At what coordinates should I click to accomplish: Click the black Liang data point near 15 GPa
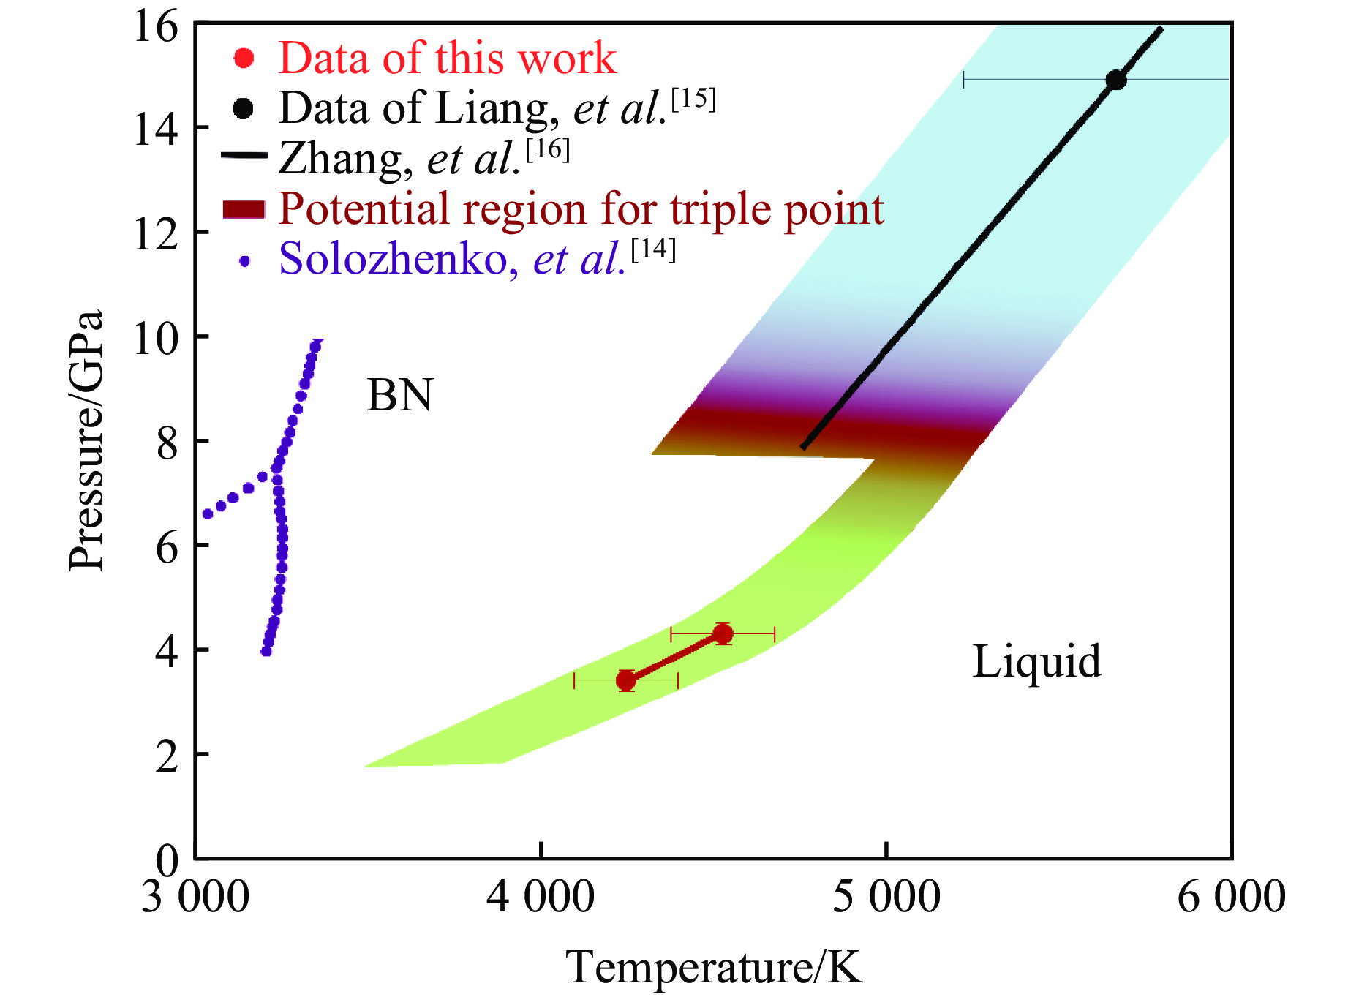coord(1115,80)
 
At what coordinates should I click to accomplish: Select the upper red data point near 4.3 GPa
coord(723,633)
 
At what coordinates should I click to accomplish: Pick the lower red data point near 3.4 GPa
coord(626,680)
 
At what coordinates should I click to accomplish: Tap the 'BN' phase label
coord(399,395)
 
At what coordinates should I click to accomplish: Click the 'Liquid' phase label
coord(1036,661)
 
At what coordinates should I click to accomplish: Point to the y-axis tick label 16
coord(156,27)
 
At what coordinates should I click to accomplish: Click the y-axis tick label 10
coord(156,338)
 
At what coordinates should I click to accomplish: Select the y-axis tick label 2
coord(167,756)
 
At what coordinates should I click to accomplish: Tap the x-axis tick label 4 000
coord(541,896)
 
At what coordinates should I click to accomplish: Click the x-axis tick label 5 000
coord(886,896)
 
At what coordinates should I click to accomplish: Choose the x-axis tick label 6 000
coord(1232,896)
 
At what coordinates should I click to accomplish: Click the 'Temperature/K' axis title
coord(714,967)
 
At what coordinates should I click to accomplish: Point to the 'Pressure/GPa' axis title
coord(86,440)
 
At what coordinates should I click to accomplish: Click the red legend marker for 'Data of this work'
coord(244,58)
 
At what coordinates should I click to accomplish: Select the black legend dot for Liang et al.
coord(243,108)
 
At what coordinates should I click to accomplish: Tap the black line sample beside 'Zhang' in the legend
coord(244,155)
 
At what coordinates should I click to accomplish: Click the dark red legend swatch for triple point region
coord(244,208)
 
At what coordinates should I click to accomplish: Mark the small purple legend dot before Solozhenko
coord(245,261)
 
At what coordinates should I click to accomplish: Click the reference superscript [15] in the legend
coord(693,99)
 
